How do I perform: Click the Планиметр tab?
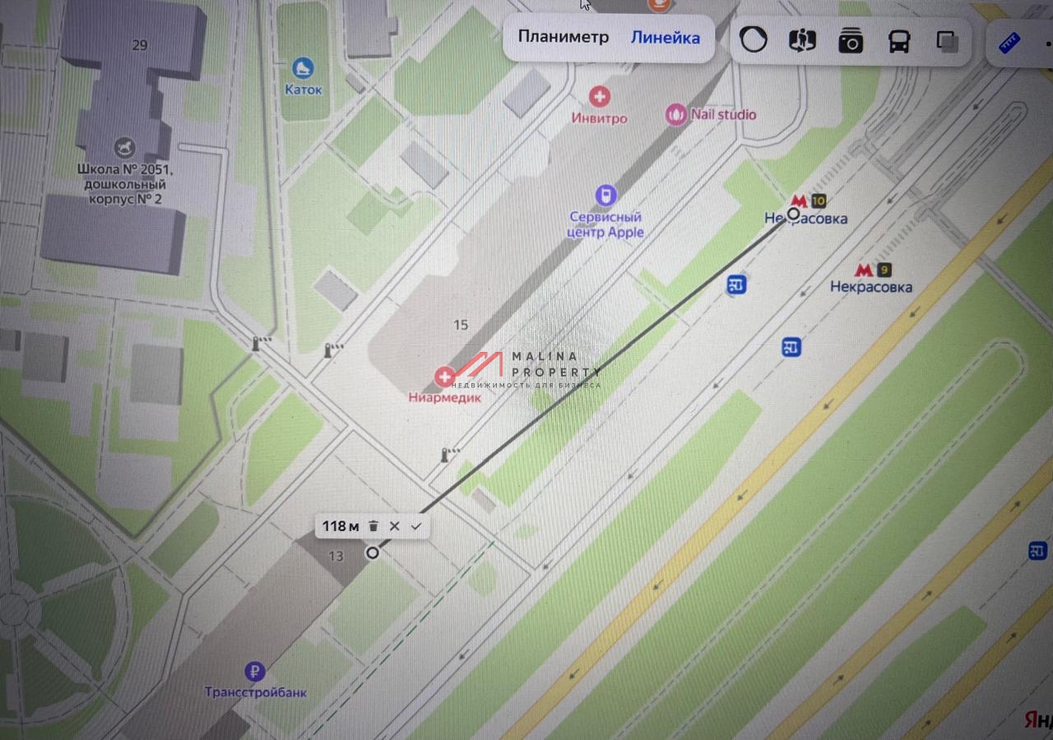[564, 37]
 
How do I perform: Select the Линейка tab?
[666, 37]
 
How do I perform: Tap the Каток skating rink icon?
[303, 68]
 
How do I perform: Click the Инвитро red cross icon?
[600, 97]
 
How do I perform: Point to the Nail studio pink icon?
[676, 114]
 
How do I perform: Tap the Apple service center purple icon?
[605, 195]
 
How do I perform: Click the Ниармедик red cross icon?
[445, 377]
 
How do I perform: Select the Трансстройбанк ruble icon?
[256, 672]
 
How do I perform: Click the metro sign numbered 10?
[807, 201]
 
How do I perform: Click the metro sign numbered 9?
[872, 270]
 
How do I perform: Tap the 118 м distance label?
[341, 526]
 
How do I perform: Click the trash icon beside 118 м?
[373, 526]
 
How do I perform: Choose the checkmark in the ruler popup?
[416, 526]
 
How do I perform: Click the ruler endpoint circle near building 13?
[373, 553]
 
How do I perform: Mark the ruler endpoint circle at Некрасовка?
[793, 214]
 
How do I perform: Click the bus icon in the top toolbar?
[899, 40]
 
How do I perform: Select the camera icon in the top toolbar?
[851, 40]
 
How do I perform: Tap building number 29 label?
[139, 45]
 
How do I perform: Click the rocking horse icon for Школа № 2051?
[126, 148]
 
